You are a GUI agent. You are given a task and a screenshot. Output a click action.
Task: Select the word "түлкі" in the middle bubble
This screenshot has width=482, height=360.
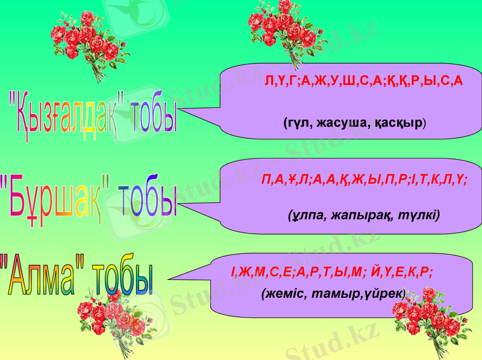coord(419,214)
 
